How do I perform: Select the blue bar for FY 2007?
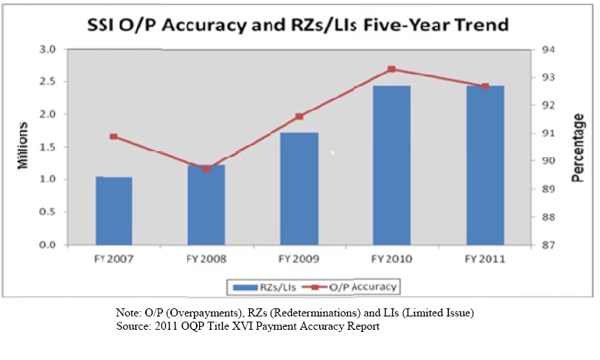(114, 211)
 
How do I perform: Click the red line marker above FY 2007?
(114, 136)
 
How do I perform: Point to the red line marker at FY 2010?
(391, 69)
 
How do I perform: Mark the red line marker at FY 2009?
(299, 117)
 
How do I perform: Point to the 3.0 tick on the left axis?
(48, 49)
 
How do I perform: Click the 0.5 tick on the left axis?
(48, 212)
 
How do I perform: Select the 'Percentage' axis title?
(578, 148)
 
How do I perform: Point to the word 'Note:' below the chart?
(130, 314)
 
